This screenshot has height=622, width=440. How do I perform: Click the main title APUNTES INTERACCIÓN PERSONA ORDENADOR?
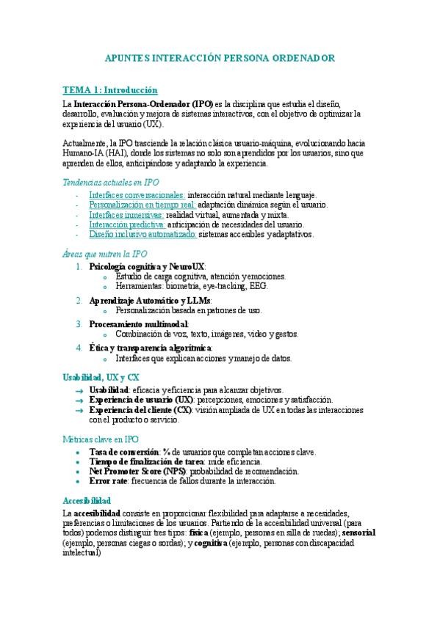coord(220,57)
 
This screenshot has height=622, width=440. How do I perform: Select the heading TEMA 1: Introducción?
coord(109,90)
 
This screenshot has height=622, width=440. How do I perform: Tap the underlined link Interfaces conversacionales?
coord(137,195)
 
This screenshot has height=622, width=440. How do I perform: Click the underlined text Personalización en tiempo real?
coord(142,205)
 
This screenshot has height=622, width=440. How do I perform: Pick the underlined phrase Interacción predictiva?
coord(127,224)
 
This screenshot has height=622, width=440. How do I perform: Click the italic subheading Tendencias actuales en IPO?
coord(110,182)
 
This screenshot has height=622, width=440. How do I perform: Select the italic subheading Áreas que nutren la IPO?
coord(104,254)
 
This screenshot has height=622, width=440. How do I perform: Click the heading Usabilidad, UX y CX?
coord(101,377)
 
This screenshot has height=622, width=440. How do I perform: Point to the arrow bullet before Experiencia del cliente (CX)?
coord(78,410)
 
